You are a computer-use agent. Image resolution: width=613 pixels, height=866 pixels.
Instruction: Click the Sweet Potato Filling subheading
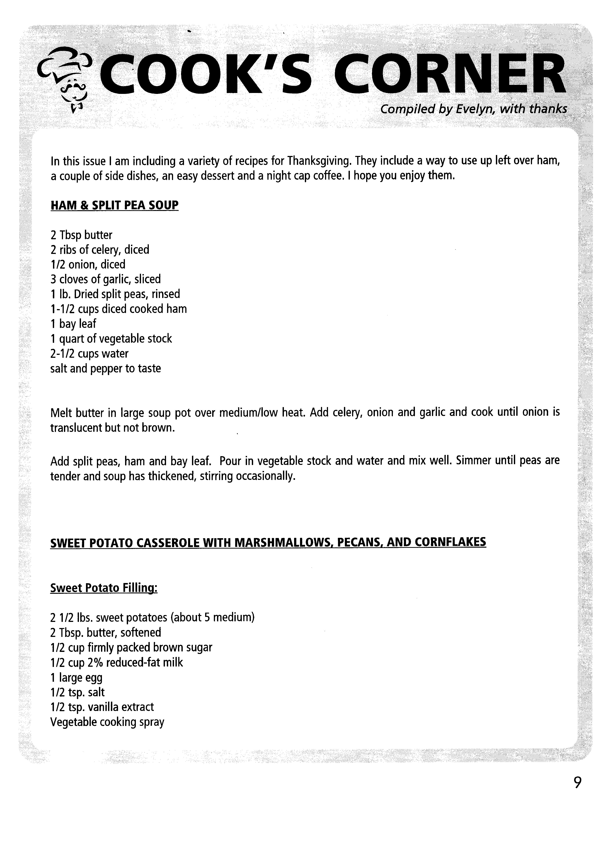104,588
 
